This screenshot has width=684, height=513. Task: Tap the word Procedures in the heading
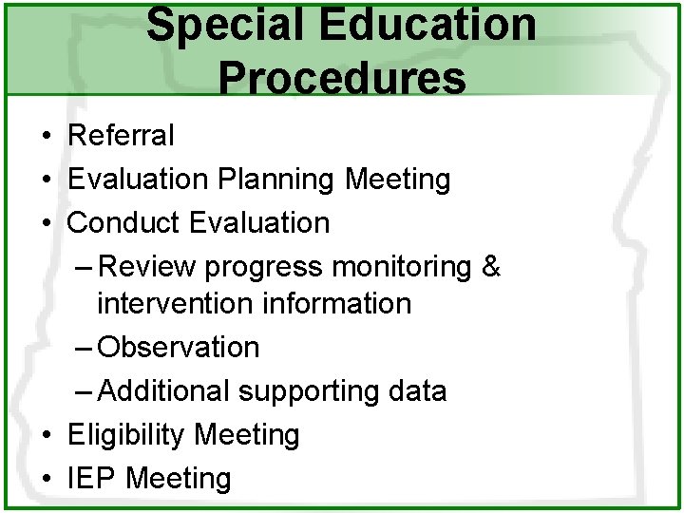point(342,76)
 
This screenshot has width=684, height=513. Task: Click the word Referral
point(121,136)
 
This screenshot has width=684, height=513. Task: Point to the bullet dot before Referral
point(46,136)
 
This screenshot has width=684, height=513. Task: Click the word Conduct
point(124,223)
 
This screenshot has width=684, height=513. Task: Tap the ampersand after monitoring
point(490,267)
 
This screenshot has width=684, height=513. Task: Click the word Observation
point(179,348)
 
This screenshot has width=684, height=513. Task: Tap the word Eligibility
point(125,435)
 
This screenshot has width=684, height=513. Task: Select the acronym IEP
point(92,479)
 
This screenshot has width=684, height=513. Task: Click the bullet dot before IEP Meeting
point(46,479)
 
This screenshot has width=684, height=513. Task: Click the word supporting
point(305,391)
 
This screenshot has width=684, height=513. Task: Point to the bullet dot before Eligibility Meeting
point(46,435)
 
